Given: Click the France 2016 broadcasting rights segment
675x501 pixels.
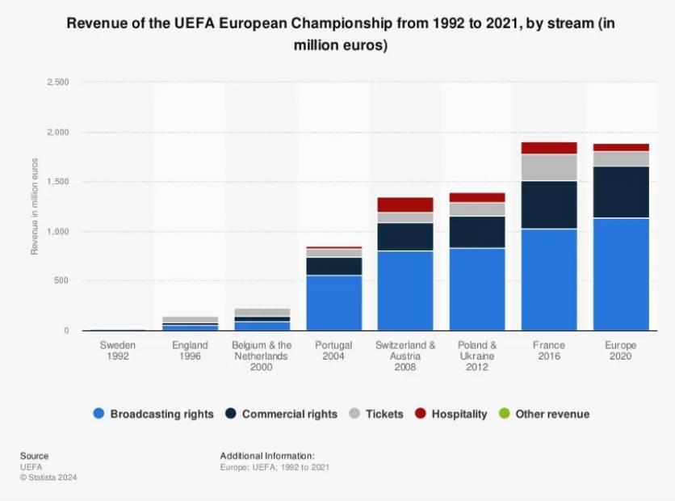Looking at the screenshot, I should coord(549,280).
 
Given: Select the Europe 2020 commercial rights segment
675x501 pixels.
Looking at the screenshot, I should coord(621,192).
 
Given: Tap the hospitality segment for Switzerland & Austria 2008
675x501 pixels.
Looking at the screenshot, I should coord(405,204).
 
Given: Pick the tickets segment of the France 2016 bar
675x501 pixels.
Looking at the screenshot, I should coord(549,167).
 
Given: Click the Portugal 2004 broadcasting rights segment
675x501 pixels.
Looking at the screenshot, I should coord(333,303).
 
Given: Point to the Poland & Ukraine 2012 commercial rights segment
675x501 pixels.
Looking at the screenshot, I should coord(477,232).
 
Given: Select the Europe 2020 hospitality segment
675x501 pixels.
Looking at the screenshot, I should coord(621,147).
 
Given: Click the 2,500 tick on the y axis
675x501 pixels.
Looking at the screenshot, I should coord(58,82).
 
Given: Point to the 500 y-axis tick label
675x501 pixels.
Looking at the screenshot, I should coord(62,281).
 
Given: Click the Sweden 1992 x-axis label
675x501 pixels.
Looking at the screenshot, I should coord(118,351).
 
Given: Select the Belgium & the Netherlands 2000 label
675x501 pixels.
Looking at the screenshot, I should coord(262,356).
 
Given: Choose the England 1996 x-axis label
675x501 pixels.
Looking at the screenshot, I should coord(190,351).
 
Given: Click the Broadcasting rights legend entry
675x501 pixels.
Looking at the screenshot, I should coord(153,414).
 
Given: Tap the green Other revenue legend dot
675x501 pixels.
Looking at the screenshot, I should coord(505,414).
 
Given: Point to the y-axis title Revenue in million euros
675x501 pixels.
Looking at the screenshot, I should coord(35,206).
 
